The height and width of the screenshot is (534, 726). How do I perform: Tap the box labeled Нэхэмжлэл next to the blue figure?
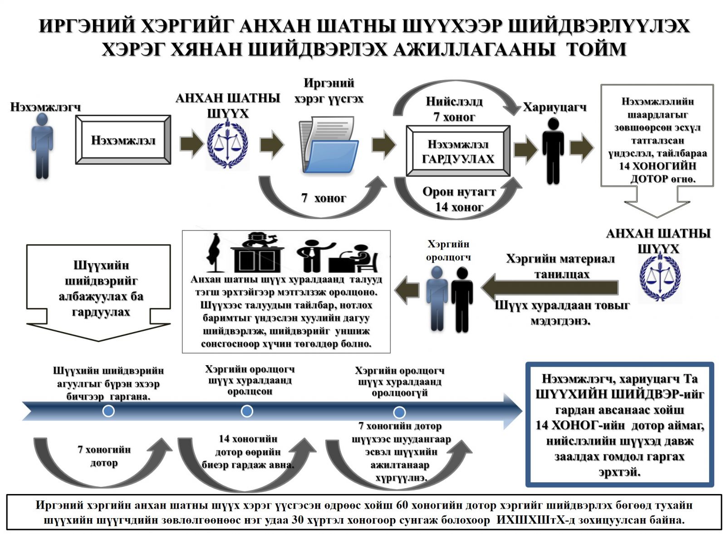coord(123,140)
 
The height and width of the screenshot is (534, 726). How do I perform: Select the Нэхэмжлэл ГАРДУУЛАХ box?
coord(458,152)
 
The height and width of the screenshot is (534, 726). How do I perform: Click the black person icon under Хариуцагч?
coord(553,151)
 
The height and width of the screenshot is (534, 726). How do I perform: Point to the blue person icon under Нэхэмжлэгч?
coord(42,145)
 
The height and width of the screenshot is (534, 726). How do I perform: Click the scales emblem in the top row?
coord(227,144)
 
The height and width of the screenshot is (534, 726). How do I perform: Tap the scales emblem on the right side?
coord(659,278)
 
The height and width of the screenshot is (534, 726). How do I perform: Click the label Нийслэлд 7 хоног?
coord(454,109)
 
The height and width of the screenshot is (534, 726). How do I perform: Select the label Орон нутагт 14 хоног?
coord(459,199)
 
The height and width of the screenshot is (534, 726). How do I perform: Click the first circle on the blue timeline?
coord(108,411)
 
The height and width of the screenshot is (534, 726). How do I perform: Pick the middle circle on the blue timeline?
coord(247,411)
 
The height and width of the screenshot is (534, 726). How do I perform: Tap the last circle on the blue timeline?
coord(399,412)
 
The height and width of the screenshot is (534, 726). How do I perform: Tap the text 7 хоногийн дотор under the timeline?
coord(104,456)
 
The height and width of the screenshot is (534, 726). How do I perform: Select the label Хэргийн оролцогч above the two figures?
coord(448,250)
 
